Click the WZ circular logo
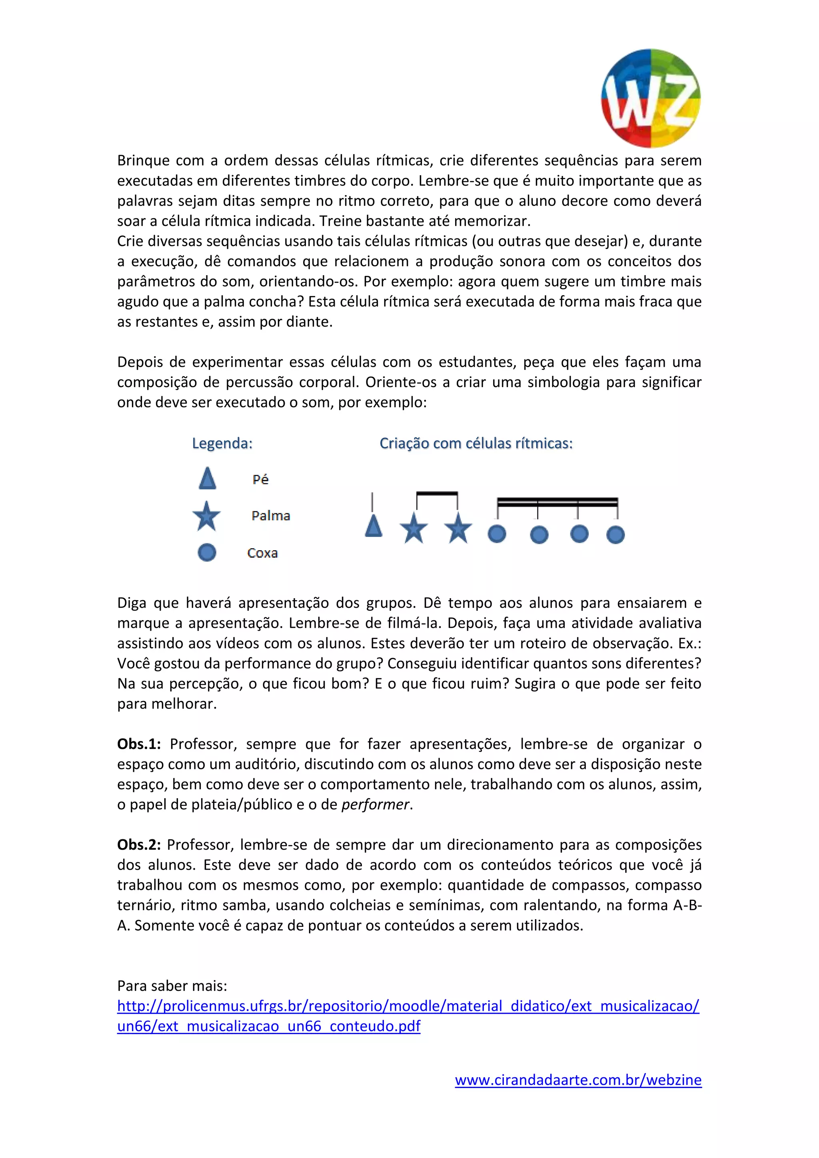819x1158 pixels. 651,98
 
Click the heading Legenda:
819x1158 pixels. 222,443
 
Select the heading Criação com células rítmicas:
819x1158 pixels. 475,443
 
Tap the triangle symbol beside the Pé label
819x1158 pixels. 207,479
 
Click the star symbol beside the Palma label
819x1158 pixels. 206,517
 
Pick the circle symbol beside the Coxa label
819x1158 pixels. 207,552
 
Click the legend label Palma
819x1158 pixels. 271,515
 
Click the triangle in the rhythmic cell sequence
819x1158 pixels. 373,526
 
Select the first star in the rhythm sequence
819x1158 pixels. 413,528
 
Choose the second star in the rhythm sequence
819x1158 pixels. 458,528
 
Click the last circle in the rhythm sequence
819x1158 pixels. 615,535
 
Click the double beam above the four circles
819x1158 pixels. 557,502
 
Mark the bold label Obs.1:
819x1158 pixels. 139,744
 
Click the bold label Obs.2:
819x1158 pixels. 139,845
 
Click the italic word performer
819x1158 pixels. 375,805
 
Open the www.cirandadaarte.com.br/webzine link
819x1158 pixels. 578,1080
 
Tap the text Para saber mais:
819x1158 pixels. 172,986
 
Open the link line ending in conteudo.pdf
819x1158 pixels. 268,1026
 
